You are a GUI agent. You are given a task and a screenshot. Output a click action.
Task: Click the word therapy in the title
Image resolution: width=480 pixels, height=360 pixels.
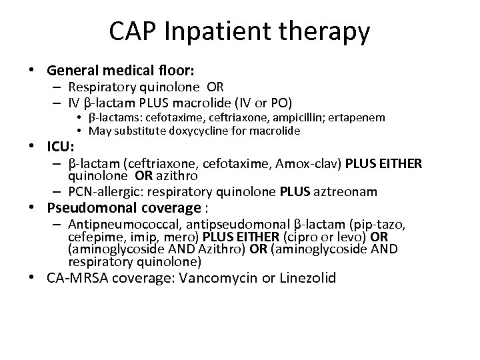click(x=325, y=31)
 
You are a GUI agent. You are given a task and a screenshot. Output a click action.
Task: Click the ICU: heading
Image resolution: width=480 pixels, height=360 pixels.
click(x=61, y=145)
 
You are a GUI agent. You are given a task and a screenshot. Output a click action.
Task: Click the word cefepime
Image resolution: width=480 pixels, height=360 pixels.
click(x=91, y=237)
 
